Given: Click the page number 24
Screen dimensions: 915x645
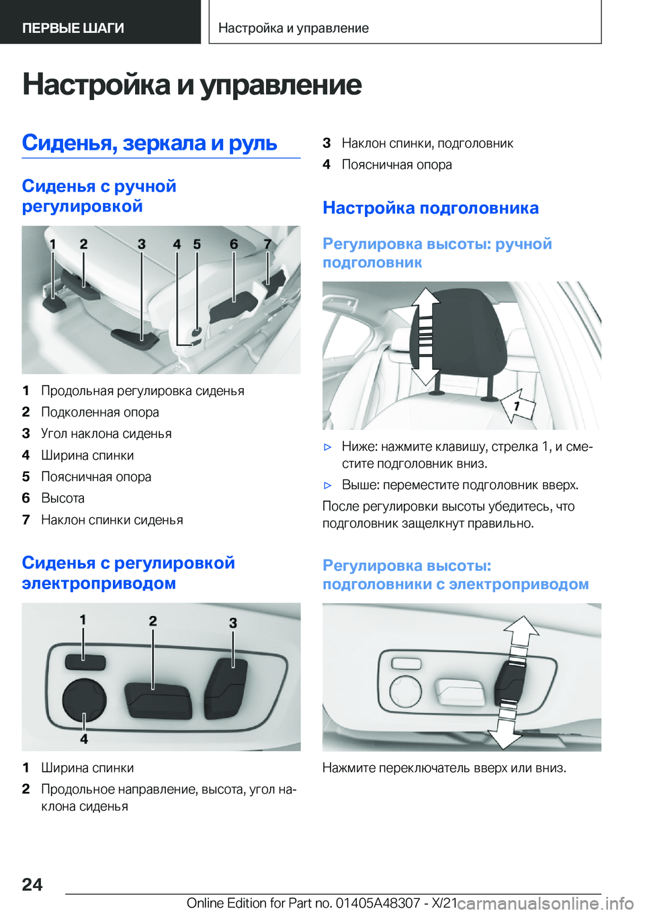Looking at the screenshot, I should click(32, 884).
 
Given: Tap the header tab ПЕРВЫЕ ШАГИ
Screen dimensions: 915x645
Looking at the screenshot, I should click(73, 28).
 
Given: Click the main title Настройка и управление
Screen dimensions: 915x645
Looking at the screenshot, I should click(192, 85).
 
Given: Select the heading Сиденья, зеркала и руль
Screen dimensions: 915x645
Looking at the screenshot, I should click(149, 142).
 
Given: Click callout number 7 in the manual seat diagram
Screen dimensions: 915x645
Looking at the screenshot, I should click(267, 244).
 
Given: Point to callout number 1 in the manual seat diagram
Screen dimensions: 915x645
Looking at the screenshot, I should click(52, 244).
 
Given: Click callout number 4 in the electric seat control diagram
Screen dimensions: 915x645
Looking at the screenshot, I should click(84, 738).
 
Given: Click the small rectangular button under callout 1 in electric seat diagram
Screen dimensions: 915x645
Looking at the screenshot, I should click(85, 662).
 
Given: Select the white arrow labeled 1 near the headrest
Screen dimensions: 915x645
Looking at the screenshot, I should click(517, 405).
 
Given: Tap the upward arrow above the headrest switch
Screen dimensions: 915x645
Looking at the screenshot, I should click(521, 631).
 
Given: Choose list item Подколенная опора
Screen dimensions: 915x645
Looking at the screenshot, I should click(100, 412).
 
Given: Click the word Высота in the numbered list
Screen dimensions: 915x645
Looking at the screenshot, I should click(63, 498).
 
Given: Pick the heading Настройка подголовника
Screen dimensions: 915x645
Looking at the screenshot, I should click(430, 208).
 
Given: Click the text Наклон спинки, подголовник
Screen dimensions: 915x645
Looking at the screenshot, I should click(427, 143).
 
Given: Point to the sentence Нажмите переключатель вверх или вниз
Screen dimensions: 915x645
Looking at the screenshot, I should click(444, 768).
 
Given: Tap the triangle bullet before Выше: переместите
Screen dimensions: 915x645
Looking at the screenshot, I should click(328, 485).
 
